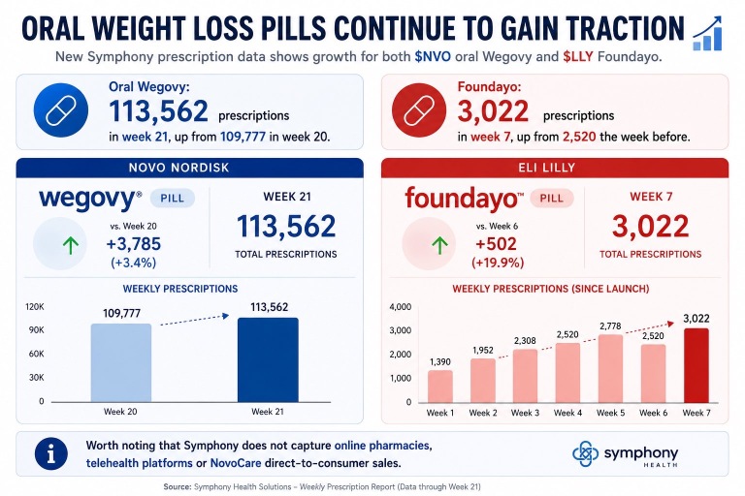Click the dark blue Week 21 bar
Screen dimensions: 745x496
click(268, 359)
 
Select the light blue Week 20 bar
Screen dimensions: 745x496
click(121, 363)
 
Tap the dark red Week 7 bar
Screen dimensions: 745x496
click(696, 365)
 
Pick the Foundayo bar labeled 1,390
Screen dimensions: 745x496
click(440, 387)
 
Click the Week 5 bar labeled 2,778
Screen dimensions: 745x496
click(610, 369)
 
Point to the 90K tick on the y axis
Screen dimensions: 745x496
click(36, 330)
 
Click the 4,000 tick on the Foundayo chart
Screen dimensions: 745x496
click(400, 307)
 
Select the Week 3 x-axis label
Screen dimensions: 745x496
click(525, 413)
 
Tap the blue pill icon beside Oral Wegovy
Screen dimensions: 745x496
click(61, 110)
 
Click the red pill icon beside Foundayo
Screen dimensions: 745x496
click(419, 110)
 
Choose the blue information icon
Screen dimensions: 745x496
click(50, 453)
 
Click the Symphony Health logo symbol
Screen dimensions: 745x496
click(585, 453)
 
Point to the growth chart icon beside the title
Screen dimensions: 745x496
click(707, 33)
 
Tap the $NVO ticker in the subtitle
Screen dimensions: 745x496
click(433, 57)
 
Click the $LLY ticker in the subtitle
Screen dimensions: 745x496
click(578, 57)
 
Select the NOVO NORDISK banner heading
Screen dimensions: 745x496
click(179, 168)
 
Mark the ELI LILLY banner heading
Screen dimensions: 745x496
click(546, 168)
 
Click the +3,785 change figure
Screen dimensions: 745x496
click(134, 244)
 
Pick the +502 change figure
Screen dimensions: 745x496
click(496, 244)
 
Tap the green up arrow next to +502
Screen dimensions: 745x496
click(439, 245)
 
